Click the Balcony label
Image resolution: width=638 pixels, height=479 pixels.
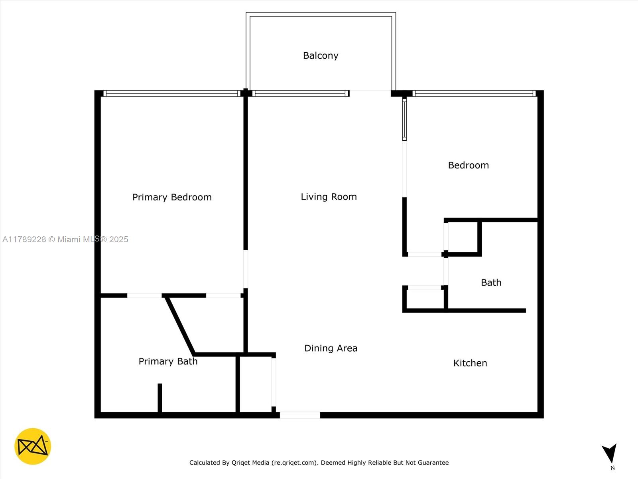tap(321, 55)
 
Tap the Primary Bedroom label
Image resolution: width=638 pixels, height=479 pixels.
tap(172, 197)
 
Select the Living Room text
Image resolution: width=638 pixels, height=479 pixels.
tap(329, 197)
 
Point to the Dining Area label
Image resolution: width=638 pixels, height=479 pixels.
tap(331, 348)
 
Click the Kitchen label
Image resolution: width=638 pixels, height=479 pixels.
tap(470, 363)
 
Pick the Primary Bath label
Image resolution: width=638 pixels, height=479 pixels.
tap(168, 361)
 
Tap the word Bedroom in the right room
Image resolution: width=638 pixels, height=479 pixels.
tap(468, 165)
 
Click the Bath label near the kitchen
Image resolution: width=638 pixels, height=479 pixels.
tap(491, 283)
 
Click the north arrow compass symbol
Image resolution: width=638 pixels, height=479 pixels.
tap(610, 453)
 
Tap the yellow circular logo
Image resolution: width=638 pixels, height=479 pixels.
tap(33, 446)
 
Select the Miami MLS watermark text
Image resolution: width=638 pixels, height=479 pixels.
tap(65, 239)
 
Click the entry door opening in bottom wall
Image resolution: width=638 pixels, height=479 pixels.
tap(300, 415)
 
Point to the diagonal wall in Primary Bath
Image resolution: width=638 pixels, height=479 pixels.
tap(180, 325)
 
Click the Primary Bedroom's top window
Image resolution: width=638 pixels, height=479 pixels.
tap(171, 93)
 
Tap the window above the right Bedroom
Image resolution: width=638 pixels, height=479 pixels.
tap(474, 93)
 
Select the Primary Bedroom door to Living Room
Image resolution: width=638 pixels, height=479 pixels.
tap(246, 269)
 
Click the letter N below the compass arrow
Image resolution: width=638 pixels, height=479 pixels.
tap(612, 468)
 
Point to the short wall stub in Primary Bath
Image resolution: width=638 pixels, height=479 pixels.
tap(160, 398)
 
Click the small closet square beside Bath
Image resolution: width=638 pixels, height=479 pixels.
tap(462, 237)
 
